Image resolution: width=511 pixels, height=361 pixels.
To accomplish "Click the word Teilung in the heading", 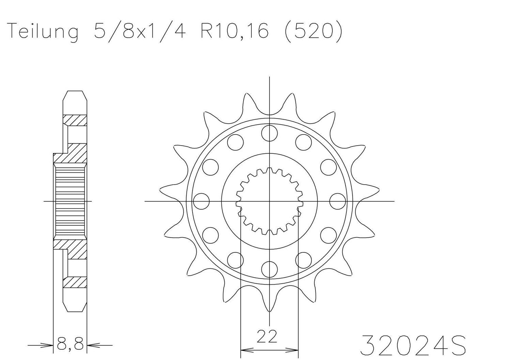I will tap(43, 32).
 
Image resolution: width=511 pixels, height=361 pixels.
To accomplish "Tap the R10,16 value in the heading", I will tap(234, 32).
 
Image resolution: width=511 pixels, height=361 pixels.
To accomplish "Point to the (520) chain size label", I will tap(313, 32).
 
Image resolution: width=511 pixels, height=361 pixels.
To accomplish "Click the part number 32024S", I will tap(413, 345).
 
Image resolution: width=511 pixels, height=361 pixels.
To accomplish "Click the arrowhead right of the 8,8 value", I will tap(92, 346).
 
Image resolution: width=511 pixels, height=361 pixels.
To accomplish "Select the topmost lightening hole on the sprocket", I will tap(269, 133).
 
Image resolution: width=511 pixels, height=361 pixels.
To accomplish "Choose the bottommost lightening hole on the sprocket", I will tap(269, 269).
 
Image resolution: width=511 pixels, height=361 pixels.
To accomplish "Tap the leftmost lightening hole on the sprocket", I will tap(201, 201).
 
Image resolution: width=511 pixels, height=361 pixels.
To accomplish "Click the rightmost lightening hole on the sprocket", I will tap(338, 201).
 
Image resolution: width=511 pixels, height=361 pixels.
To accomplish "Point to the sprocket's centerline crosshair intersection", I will tap(269, 201).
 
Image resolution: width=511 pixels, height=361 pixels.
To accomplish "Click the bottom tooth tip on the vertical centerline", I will tap(269, 311).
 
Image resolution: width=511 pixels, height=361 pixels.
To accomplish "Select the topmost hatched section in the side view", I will tap(75, 120).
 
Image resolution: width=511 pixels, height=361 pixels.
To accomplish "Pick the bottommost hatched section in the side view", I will tap(75, 282).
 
